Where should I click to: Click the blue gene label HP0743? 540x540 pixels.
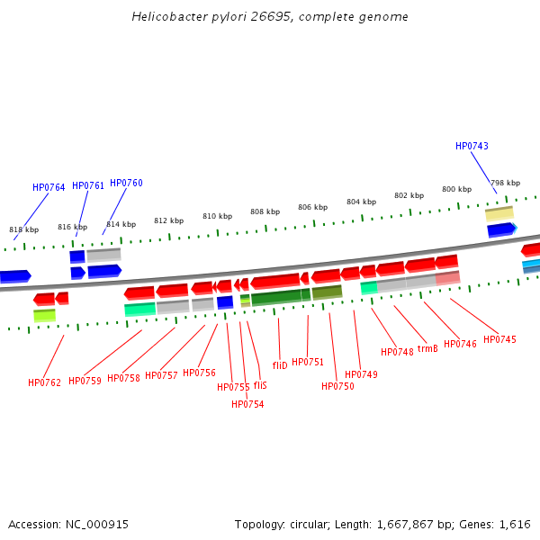tap(472, 146)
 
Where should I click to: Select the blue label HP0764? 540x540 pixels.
tap(49, 187)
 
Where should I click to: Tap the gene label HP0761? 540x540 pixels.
tap(88, 185)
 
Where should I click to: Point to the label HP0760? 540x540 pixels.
tap(126, 183)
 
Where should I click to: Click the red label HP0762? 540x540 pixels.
tap(44, 382)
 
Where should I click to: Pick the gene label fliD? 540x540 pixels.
tap(280, 365)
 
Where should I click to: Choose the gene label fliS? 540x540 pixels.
tap(260, 384)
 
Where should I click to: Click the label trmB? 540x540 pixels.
tap(427, 348)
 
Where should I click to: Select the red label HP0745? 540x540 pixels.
tap(499, 339)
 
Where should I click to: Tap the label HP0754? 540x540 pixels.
tap(247, 404)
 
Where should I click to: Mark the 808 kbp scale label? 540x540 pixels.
tap(265, 211)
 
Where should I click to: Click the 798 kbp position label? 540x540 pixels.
tap(505, 183)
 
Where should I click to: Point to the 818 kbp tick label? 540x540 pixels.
tap(23, 229)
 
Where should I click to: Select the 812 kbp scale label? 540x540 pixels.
tap(168, 220)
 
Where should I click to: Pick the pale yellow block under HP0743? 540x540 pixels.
tap(499, 213)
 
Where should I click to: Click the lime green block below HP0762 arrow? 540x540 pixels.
tap(44, 315)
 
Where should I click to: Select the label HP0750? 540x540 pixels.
tap(337, 386)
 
